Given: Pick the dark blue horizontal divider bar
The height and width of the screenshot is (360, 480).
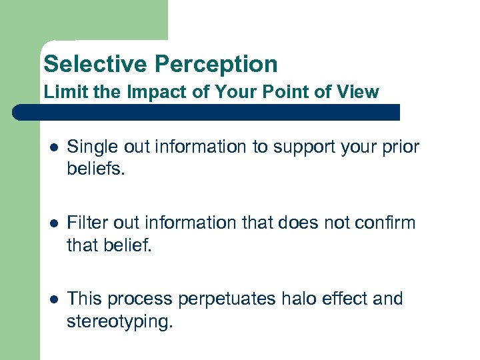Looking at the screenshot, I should [207, 112].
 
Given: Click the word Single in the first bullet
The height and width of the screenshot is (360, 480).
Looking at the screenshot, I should [90, 147].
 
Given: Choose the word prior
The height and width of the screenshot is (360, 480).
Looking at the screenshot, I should [402, 147].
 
